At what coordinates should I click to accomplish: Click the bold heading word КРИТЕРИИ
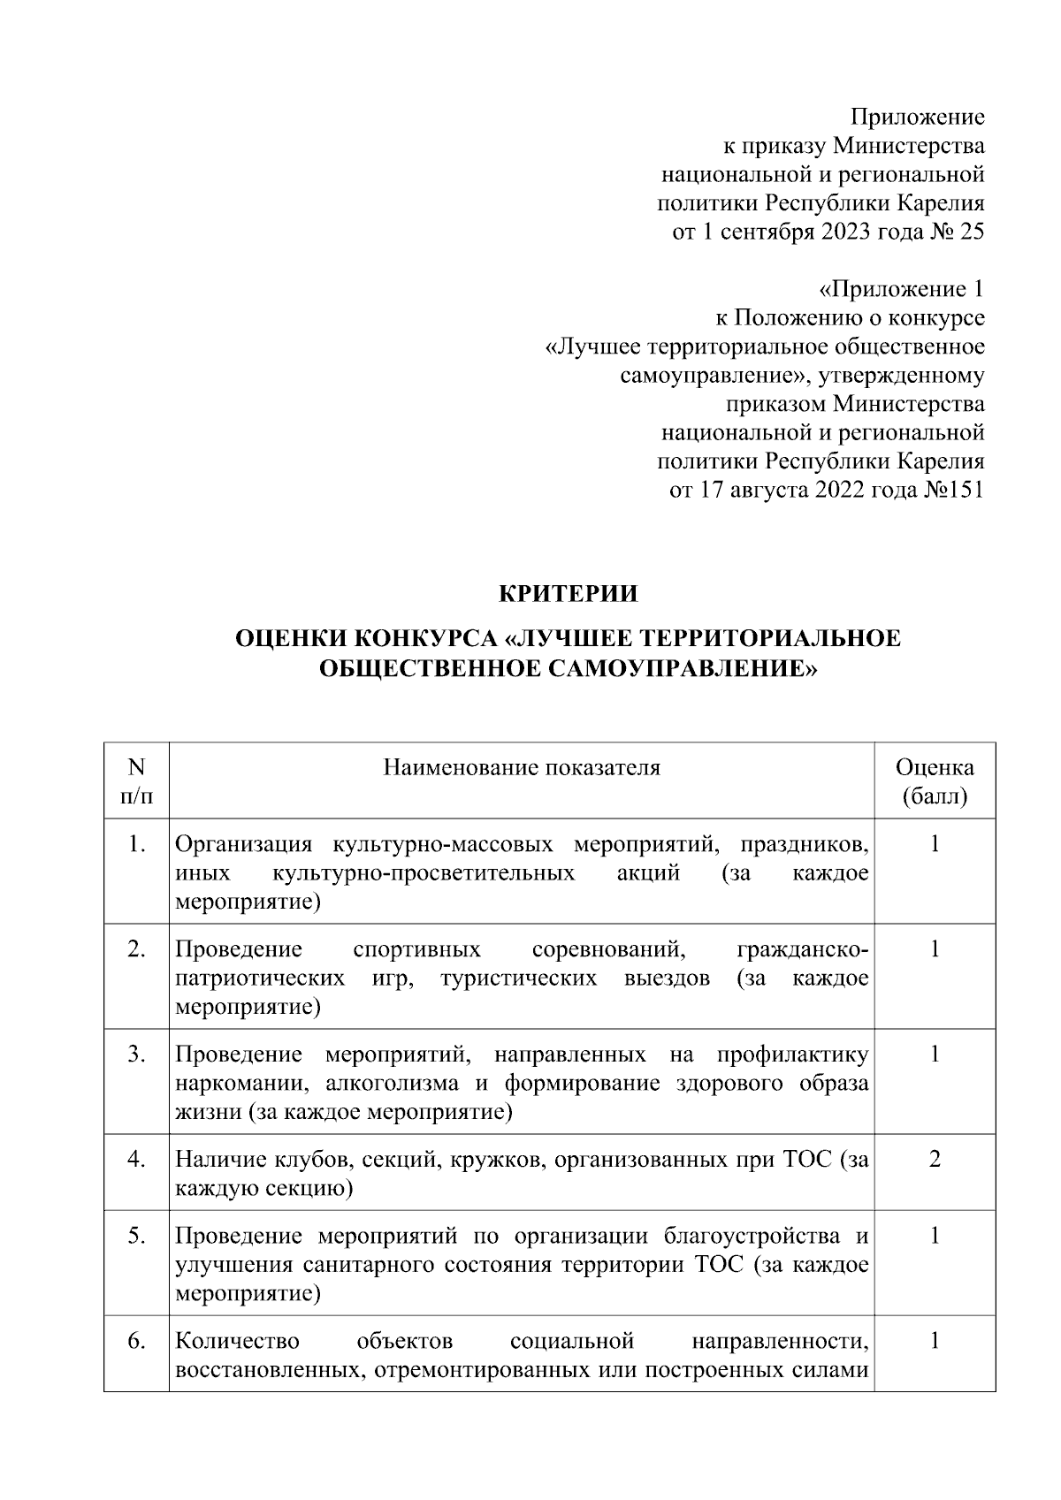click(569, 594)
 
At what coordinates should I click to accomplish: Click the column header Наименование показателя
click(522, 767)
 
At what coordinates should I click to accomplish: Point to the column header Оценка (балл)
click(935, 781)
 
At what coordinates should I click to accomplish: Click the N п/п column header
click(135, 781)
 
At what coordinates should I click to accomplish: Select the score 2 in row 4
click(935, 1158)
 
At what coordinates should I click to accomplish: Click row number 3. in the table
click(135, 1054)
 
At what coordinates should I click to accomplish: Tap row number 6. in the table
click(135, 1341)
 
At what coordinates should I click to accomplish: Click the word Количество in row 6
click(237, 1341)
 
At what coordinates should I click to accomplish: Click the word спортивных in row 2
click(416, 949)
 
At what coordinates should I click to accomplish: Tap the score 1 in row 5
click(935, 1235)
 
